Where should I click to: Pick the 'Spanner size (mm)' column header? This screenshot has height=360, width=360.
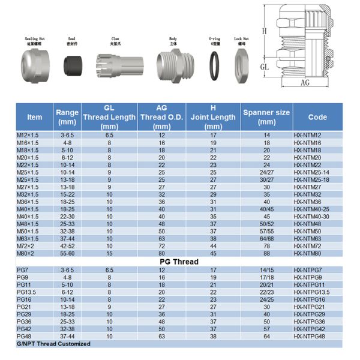click(x=266, y=117)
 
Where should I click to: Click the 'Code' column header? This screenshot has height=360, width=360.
click(x=317, y=117)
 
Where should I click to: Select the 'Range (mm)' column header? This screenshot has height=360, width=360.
click(x=67, y=117)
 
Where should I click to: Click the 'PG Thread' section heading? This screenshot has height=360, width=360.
click(x=179, y=262)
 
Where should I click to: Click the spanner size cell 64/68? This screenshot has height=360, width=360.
click(x=266, y=238)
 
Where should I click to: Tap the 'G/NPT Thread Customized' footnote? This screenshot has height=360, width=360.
click(x=53, y=344)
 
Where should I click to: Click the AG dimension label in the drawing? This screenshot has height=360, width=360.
click(x=306, y=83)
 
